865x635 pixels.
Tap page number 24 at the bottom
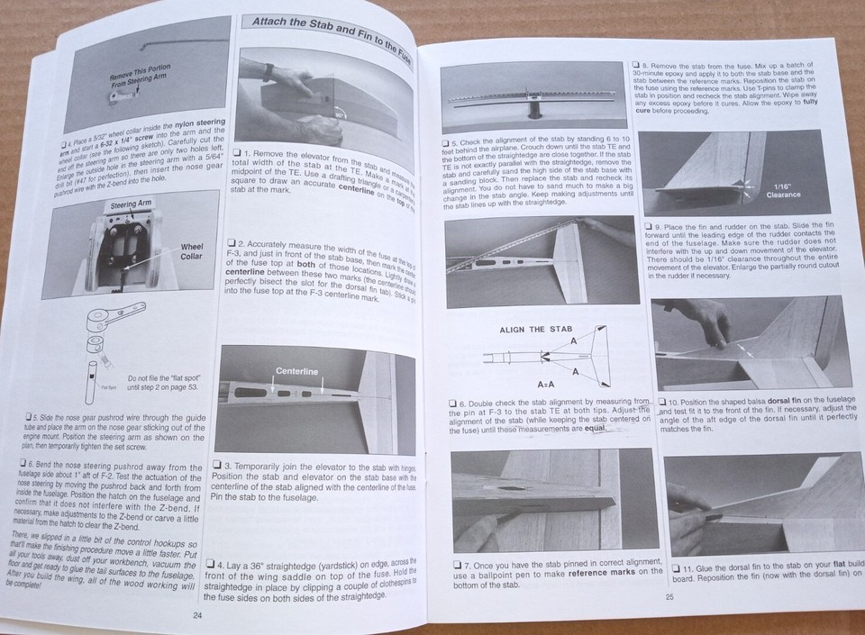(x=197, y=615)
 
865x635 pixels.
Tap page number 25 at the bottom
(x=669, y=595)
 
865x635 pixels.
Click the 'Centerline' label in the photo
(x=296, y=370)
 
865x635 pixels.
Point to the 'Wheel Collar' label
(x=191, y=251)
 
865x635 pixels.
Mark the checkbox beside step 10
(x=662, y=402)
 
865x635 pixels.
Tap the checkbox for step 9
(x=651, y=225)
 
